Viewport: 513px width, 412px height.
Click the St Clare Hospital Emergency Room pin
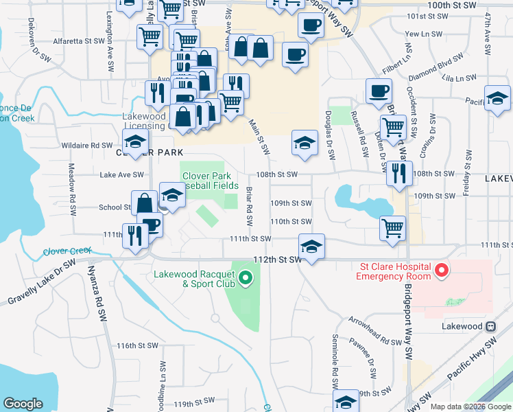442,271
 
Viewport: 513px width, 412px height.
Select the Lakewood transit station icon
490,327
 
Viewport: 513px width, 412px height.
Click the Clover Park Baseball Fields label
212,181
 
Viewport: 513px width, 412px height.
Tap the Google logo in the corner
23,404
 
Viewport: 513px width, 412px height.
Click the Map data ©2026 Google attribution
470,407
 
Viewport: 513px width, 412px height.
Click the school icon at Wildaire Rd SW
136,141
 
